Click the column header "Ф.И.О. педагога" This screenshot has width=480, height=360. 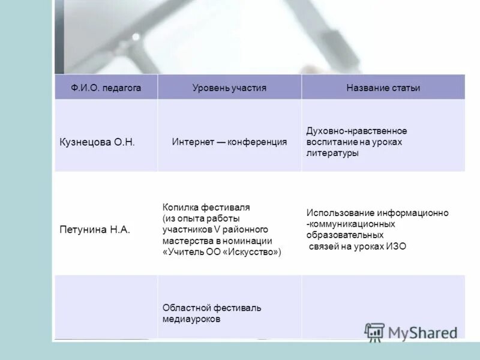tap(106, 88)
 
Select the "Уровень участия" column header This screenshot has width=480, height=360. tap(229, 88)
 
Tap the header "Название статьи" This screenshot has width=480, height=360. tap(383, 88)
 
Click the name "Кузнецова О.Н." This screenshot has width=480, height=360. tap(97, 142)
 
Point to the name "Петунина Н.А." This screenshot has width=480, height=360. tap(95, 229)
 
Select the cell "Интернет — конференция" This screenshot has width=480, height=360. tap(229, 142)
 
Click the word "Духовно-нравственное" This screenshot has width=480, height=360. tap(356, 131)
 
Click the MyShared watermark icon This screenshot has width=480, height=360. tap(374, 332)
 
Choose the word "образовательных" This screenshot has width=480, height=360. tap(344, 235)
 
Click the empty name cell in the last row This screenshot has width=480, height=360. tap(106, 306)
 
